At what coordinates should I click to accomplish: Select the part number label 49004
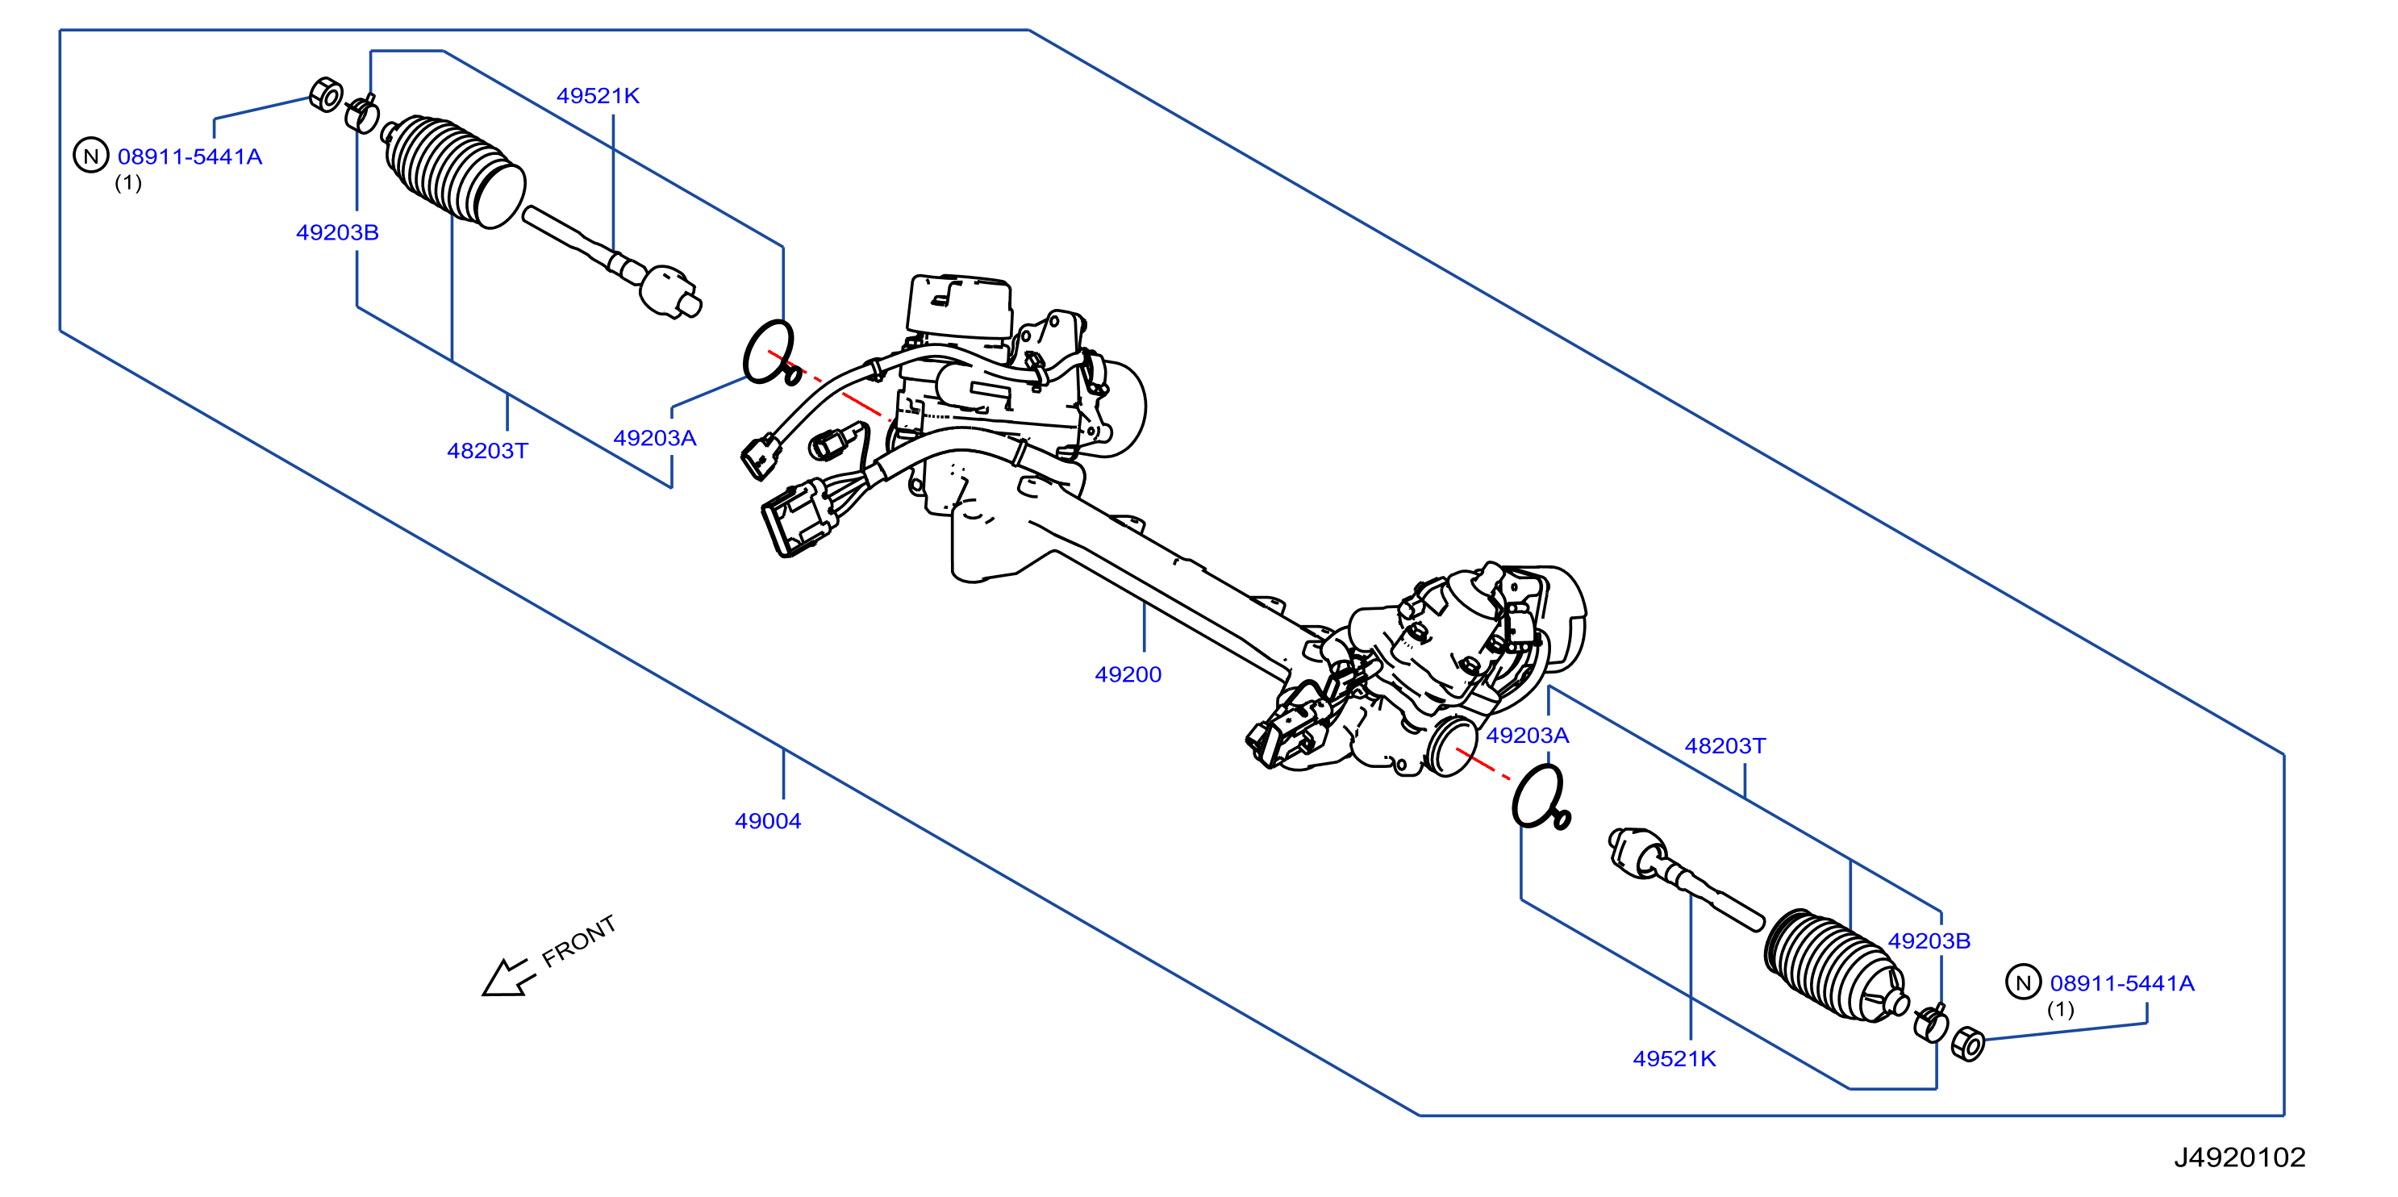click(767, 820)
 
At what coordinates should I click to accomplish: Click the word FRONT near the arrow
click(578, 940)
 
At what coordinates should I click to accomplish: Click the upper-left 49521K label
click(598, 95)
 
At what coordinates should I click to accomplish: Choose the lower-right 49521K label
click(1674, 1058)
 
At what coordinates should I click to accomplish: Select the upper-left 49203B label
click(337, 231)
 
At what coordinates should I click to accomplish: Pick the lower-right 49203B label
click(1929, 940)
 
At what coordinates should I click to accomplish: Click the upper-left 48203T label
click(487, 451)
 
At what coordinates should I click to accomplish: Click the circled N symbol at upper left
click(91, 156)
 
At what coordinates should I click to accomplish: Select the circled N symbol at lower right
click(2023, 982)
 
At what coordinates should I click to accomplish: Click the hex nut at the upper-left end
click(325, 95)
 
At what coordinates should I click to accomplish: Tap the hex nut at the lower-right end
click(1967, 1044)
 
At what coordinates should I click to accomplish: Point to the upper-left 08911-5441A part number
click(190, 156)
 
